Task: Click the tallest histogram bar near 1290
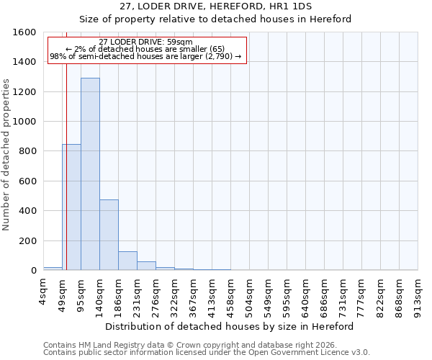[90, 174]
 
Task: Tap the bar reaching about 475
[109, 235]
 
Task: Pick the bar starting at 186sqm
[127, 261]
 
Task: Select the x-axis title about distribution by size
[230, 326]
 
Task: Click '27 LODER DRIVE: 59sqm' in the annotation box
[146, 42]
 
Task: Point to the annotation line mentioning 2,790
[146, 56]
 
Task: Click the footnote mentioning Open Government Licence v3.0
[207, 353]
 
